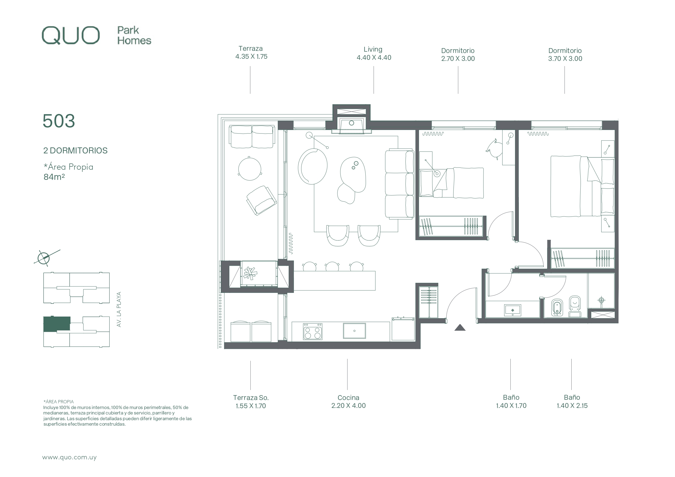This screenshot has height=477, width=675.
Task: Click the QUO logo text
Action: click(x=70, y=36)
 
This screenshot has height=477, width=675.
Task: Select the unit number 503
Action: click(x=59, y=121)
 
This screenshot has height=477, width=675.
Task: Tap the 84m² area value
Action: click(x=54, y=177)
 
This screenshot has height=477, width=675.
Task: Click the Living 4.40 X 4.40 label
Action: click(x=374, y=54)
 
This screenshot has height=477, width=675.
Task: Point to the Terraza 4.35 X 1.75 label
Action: click(x=251, y=52)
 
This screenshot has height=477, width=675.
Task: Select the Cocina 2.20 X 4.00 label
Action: click(x=348, y=401)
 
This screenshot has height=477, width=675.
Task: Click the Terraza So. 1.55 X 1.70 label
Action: click(x=251, y=402)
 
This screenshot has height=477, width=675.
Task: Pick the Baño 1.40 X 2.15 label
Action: click(x=572, y=401)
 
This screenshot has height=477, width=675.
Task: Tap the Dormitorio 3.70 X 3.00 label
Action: click(x=565, y=55)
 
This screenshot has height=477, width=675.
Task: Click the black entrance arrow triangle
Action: click(x=460, y=327)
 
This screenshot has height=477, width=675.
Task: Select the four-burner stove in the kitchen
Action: click(x=313, y=331)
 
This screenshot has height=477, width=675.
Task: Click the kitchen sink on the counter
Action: click(x=354, y=331)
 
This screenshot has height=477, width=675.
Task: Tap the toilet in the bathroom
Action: click(x=575, y=306)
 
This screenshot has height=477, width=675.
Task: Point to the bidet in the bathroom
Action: click(x=557, y=308)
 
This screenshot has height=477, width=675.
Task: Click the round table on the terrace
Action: click(x=249, y=169)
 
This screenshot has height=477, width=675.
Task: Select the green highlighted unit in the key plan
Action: click(x=57, y=324)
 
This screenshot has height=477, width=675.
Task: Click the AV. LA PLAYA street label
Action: click(x=119, y=309)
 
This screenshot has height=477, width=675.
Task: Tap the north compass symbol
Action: click(x=44, y=258)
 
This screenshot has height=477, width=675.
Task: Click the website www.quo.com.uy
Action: click(x=69, y=457)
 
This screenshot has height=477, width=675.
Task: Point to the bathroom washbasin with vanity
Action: click(x=512, y=310)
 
